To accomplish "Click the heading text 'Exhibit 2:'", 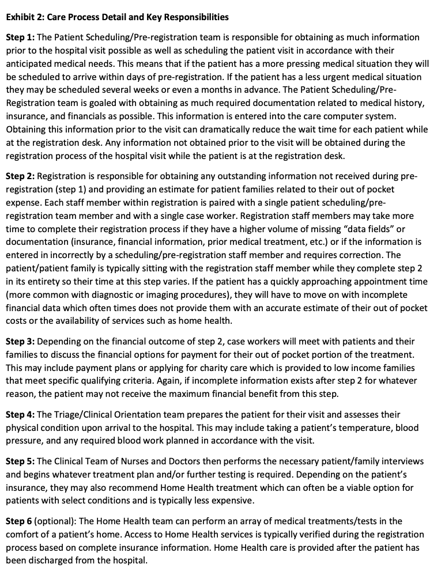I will coord(25,17).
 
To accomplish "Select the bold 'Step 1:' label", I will coord(20,37).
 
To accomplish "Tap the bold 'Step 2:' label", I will coord(20,176).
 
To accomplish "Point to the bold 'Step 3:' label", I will coord(20,342).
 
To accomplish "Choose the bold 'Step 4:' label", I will coord(20,415).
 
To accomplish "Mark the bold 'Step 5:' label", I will coord(20,461).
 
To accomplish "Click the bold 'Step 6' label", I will coord(18,521).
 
